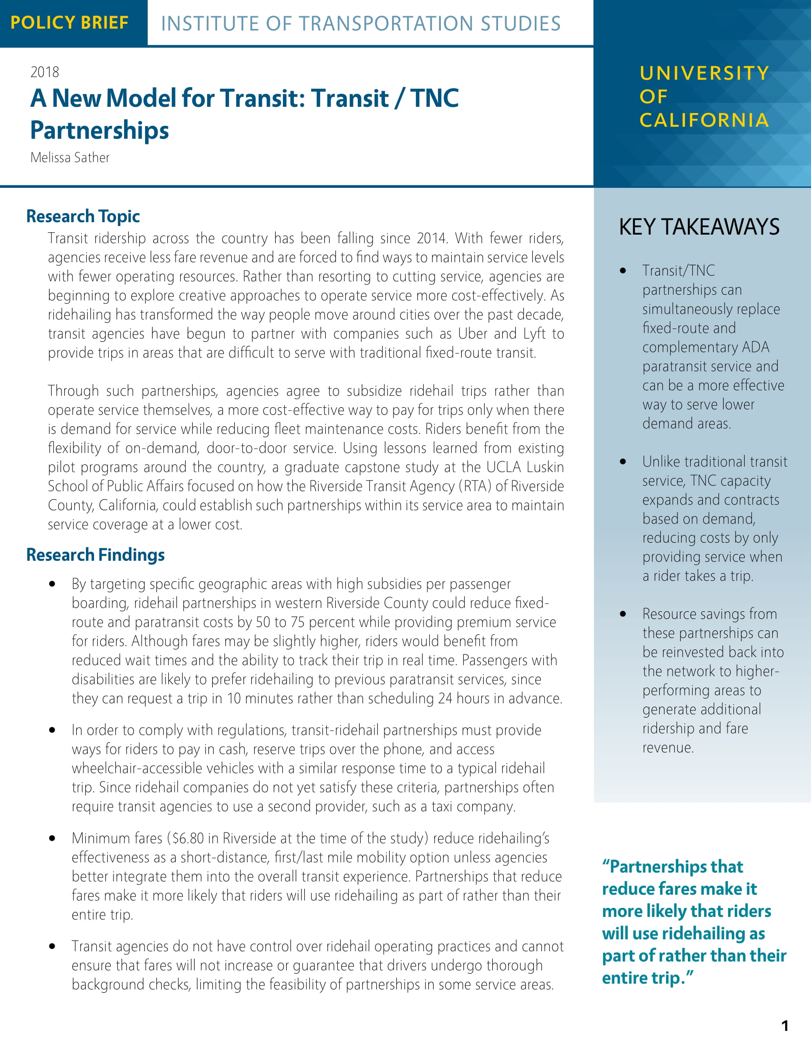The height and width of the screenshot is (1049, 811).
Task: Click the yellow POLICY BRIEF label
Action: click(70, 22)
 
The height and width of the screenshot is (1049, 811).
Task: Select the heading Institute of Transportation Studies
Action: click(361, 23)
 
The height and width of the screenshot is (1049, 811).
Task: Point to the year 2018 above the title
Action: click(45, 72)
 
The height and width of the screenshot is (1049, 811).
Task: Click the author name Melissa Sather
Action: click(70, 157)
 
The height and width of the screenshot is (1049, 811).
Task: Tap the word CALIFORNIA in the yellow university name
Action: click(704, 120)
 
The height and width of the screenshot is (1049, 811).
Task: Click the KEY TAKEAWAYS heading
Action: click(699, 226)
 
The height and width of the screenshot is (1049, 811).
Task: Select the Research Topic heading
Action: click(83, 216)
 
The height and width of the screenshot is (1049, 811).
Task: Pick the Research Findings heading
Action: click(95, 555)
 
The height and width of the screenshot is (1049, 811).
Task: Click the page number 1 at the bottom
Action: click(785, 1026)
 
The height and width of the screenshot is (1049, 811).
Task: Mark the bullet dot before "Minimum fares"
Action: click(52, 839)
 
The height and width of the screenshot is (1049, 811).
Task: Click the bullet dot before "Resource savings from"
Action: click(623, 614)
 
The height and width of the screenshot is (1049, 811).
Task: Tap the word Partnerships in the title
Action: click(99, 130)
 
